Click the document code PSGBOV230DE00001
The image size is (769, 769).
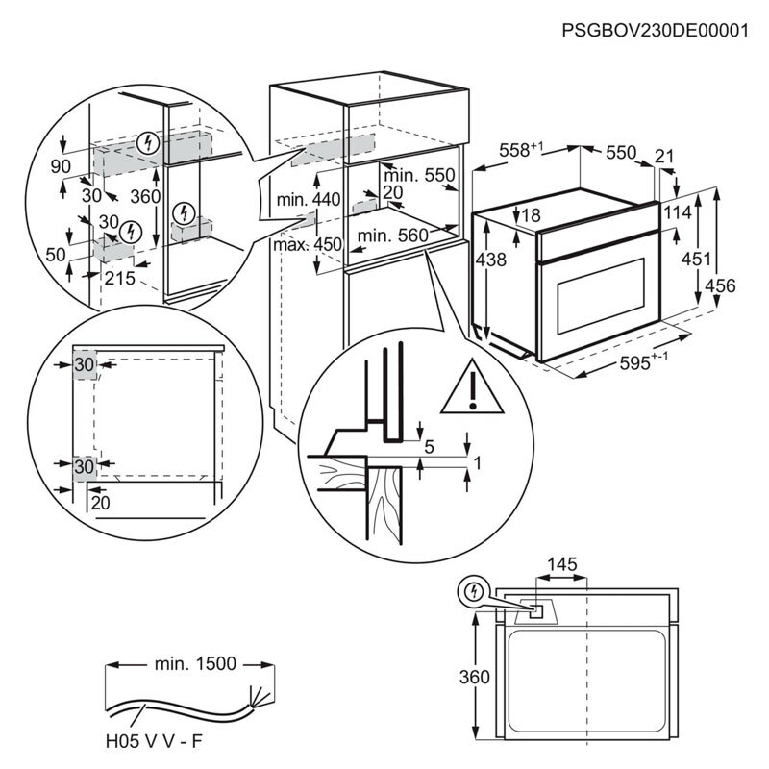click(655, 31)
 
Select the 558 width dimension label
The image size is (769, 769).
click(522, 151)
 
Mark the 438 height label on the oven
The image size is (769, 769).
click(489, 260)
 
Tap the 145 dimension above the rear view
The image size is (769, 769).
click(562, 564)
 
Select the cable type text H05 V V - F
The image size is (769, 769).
click(155, 742)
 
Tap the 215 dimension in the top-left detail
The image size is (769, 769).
click(120, 278)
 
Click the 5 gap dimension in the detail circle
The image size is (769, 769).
click(429, 445)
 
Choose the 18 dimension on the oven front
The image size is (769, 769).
click(532, 215)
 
